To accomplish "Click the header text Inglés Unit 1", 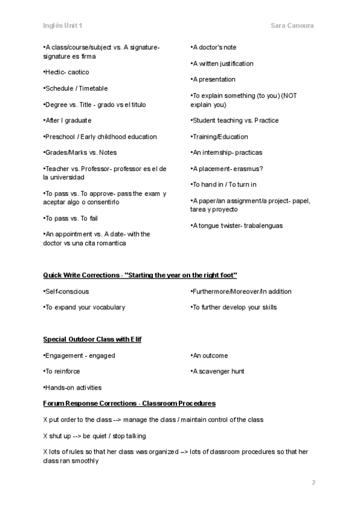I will pyautogui.click(x=63, y=26).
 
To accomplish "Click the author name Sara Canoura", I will pyautogui.click(x=293, y=26).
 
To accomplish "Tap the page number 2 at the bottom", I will pyautogui.click(x=313, y=482).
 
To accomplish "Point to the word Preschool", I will pyautogui.click(x=59, y=136).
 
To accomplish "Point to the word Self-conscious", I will pyautogui.click(x=67, y=291).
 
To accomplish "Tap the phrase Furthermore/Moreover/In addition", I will pyautogui.click(x=233, y=291).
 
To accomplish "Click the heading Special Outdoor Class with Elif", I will pyautogui.click(x=92, y=339).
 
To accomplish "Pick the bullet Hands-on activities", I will pyautogui.click(x=73, y=387).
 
